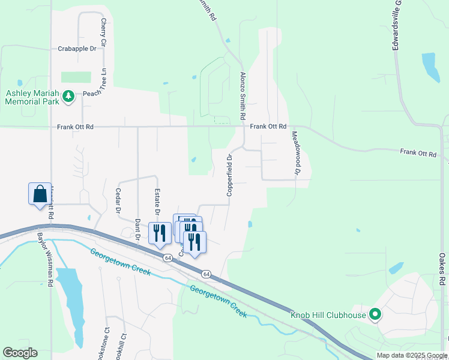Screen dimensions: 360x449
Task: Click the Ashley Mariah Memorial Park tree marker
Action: pos(68,96)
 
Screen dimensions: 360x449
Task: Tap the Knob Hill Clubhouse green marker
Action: pos(376,314)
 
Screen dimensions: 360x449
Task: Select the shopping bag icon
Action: pos(40,194)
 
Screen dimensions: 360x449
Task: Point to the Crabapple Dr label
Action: pos(77,49)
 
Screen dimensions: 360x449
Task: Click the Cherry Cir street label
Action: pos(103,32)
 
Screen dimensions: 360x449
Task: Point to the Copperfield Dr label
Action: pos(229,175)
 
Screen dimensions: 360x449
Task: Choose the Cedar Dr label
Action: pos(117,201)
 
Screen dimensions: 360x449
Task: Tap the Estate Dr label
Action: pos(158,202)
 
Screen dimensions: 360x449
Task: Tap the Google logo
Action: pos(20,353)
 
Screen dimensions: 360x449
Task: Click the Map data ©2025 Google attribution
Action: pos(411,355)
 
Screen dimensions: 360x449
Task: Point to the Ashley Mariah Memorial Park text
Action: pos(32,97)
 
